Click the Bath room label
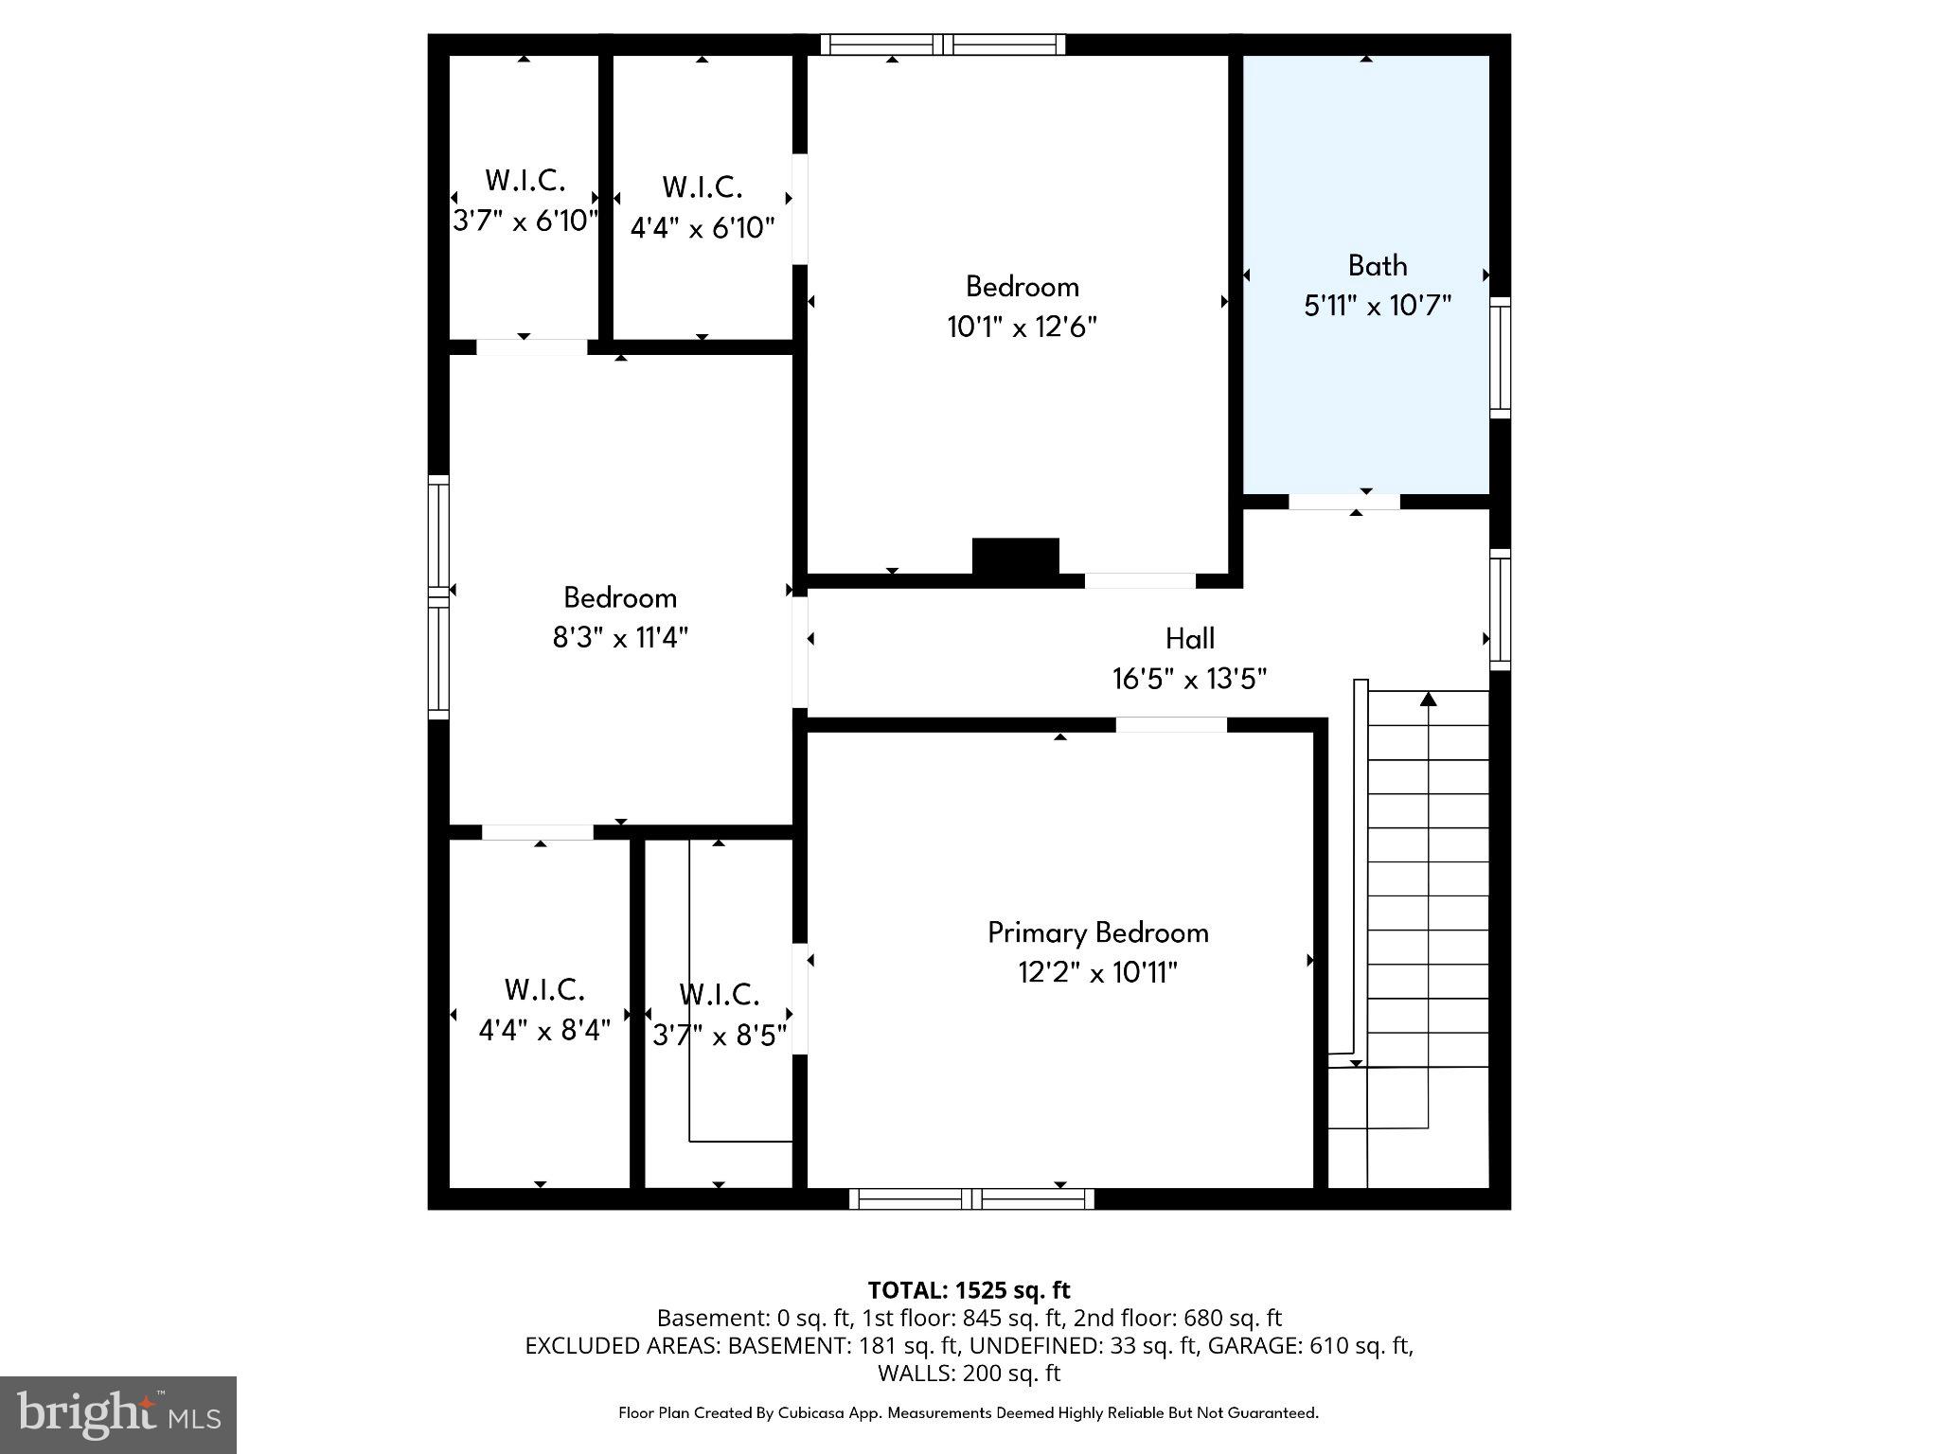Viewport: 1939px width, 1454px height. pos(1377,266)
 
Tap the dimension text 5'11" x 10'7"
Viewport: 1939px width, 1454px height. pos(1377,306)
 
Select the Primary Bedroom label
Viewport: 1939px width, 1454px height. pos(1098,932)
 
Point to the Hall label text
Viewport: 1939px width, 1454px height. pos(1189,639)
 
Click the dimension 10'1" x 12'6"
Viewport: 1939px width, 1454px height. pos(1022,327)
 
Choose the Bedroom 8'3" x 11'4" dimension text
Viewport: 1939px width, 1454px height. pos(620,637)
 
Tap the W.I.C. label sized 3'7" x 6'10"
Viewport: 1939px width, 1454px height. pos(525,180)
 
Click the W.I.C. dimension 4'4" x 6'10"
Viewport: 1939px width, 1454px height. pos(703,228)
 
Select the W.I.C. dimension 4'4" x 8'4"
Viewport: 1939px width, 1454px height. pos(543,1030)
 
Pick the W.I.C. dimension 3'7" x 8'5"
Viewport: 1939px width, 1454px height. pos(720,1036)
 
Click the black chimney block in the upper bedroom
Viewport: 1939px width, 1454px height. pos(1015,556)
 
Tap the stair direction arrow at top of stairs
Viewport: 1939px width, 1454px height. pos(1428,700)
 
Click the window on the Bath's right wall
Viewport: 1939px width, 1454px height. pos(1500,358)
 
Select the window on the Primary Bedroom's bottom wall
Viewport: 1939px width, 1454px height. pos(971,1199)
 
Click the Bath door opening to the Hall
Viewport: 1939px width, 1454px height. pos(1343,502)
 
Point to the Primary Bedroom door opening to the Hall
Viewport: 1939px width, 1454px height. pos(1171,725)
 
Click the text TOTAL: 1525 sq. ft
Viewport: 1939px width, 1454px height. pos(969,1290)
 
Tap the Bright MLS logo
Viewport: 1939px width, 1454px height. pos(118,1414)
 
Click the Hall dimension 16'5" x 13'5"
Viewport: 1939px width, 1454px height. pos(1189,679)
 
